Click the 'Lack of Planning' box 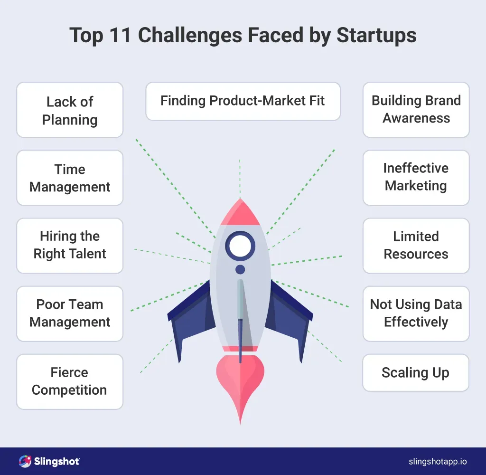click(x=70, y=110)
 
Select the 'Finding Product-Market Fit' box click(x=243, y=101)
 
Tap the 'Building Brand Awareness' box click(x=416, y=110)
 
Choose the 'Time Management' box click(x=70, y=178)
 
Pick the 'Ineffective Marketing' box click(x=416, y=178)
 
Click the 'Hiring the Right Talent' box click(x=70, y=246)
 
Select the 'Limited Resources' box click(x=416, y=246)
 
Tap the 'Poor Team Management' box click(x=70, y=313)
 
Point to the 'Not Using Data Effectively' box click(x=416, y=313)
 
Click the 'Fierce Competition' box click(x=70, y=381)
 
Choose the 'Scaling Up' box click(x=416, y=372)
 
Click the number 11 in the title click(x=120, y=35)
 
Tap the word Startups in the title click(x=376, y=36)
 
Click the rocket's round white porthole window click(x=240, y=246)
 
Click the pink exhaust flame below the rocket click(x=240, y=381)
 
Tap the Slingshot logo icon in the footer click(x=25, y=461)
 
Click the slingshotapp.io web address click(x=438, y=462)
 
